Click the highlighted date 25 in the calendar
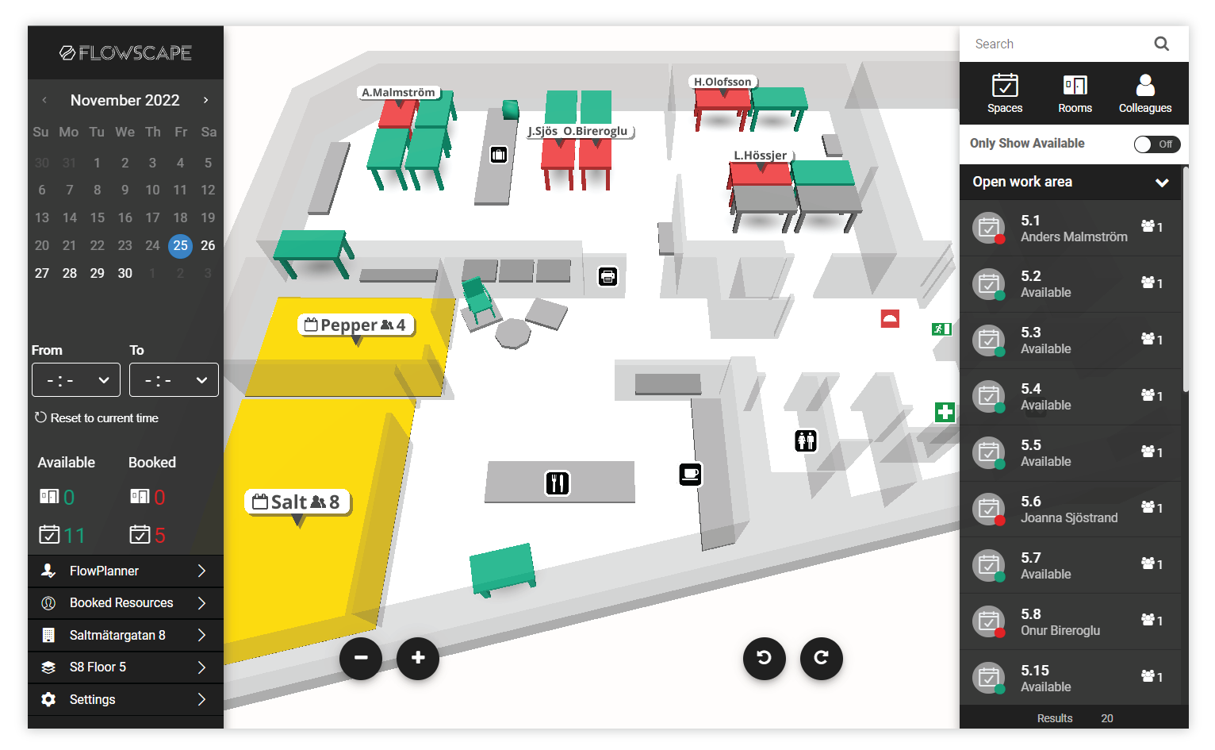click(x=181, y=245)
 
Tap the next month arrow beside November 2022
click(x=205, y=100)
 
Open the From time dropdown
click(x=76, y=380)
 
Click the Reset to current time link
click(x=97, y=418)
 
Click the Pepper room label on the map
click(x=356, y=325)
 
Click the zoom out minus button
click(x=361, y=658)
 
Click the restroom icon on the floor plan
click(x=806, y=440)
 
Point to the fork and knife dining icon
click(x=558, y=483)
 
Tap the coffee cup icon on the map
click(x=690, y=475)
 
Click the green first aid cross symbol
click(x=945, y=412)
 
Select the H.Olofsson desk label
click(x=722, y=82)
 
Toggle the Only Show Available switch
click(x=1156, y=144)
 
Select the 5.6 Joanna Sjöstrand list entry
click(x=1069, y=509)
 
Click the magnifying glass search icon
click(x=1161, y=44)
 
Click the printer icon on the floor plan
click(x=607, y=276)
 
